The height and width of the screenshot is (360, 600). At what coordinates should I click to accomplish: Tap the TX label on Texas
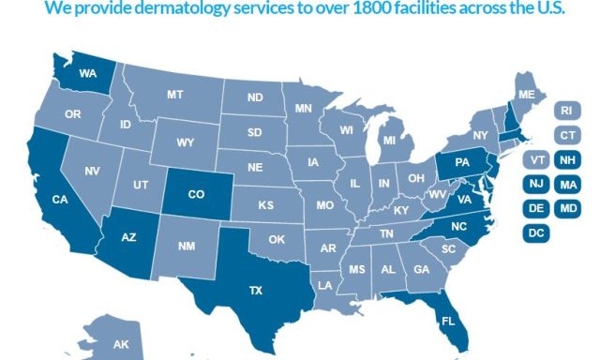(x=254, y=291)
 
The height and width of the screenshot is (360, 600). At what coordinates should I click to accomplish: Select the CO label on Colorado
(x=196, y=195)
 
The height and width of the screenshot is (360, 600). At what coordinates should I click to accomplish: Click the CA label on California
(x=58, y=199)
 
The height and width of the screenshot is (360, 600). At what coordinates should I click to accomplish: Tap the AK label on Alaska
(x=121, y=345)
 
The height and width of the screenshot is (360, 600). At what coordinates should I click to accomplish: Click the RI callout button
(x=566, y=111)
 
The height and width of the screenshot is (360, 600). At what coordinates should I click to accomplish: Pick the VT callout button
(x=538, y=159)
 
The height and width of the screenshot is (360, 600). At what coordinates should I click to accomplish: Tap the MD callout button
(x=567, y=208)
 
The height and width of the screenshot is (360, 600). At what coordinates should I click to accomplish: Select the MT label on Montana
(x=174, y=95)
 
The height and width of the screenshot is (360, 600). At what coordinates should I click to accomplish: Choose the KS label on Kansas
(x=265, y=204)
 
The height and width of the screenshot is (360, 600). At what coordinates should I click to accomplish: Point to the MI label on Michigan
(x=388, y=141)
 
